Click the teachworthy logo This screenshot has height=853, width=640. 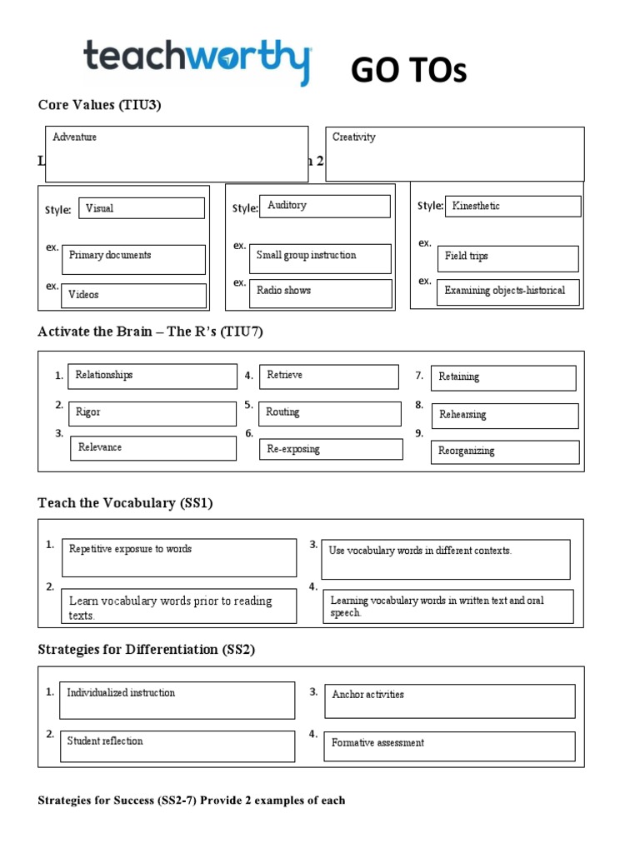coord(197,61)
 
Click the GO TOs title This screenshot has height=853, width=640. coord(408,72)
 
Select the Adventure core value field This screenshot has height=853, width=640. coord(177,154)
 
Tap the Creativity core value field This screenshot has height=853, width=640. coord(454,154)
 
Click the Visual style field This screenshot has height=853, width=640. coord(142,208)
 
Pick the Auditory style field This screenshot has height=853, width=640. coord(325,206)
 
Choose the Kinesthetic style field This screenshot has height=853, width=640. coord(512,207)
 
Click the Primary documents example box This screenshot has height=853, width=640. coord(133,259)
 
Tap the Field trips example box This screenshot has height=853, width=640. coord(507,258)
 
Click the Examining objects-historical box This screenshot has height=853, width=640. coord(507,292)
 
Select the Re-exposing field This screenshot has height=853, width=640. coord(331,449)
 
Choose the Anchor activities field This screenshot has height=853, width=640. coord(449,701)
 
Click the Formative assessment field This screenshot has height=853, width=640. coord(449,746)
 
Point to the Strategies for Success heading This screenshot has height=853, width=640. coord(191,801)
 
